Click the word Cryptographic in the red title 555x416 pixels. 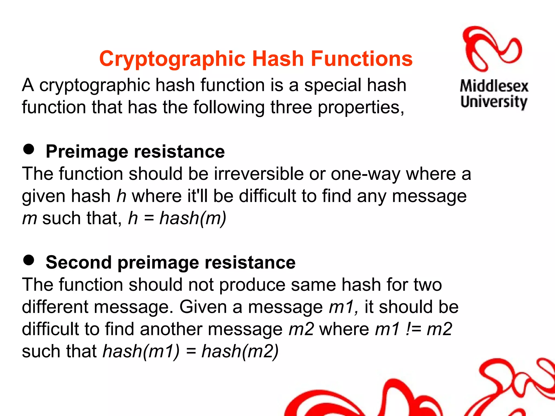tap(173, 59)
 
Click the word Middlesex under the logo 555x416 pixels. tap(494, 86)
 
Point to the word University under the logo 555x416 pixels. tap(494, 102)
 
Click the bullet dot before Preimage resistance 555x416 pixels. tap(29, 149)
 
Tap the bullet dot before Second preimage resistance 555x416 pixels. tap(29, 260)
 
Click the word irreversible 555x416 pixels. tap(259, 174)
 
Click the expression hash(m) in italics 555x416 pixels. tap(193, 218)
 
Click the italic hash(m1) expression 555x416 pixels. tap(141, 351)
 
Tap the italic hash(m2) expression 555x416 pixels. tap(240, 351)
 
